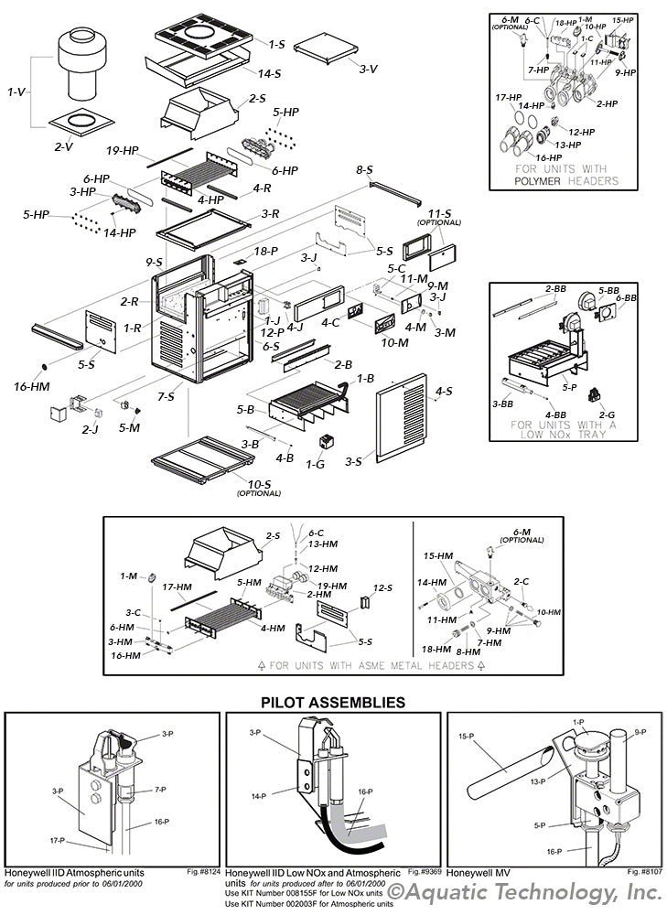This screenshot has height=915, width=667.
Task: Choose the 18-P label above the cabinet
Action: (x=265, y=250)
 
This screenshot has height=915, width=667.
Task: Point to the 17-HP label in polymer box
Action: (x=508, y=97)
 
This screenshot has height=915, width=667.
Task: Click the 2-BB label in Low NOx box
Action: (x=555, y=289)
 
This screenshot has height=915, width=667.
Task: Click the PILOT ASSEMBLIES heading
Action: (x=333, y=703)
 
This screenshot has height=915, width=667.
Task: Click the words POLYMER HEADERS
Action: (x=566, y=181)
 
